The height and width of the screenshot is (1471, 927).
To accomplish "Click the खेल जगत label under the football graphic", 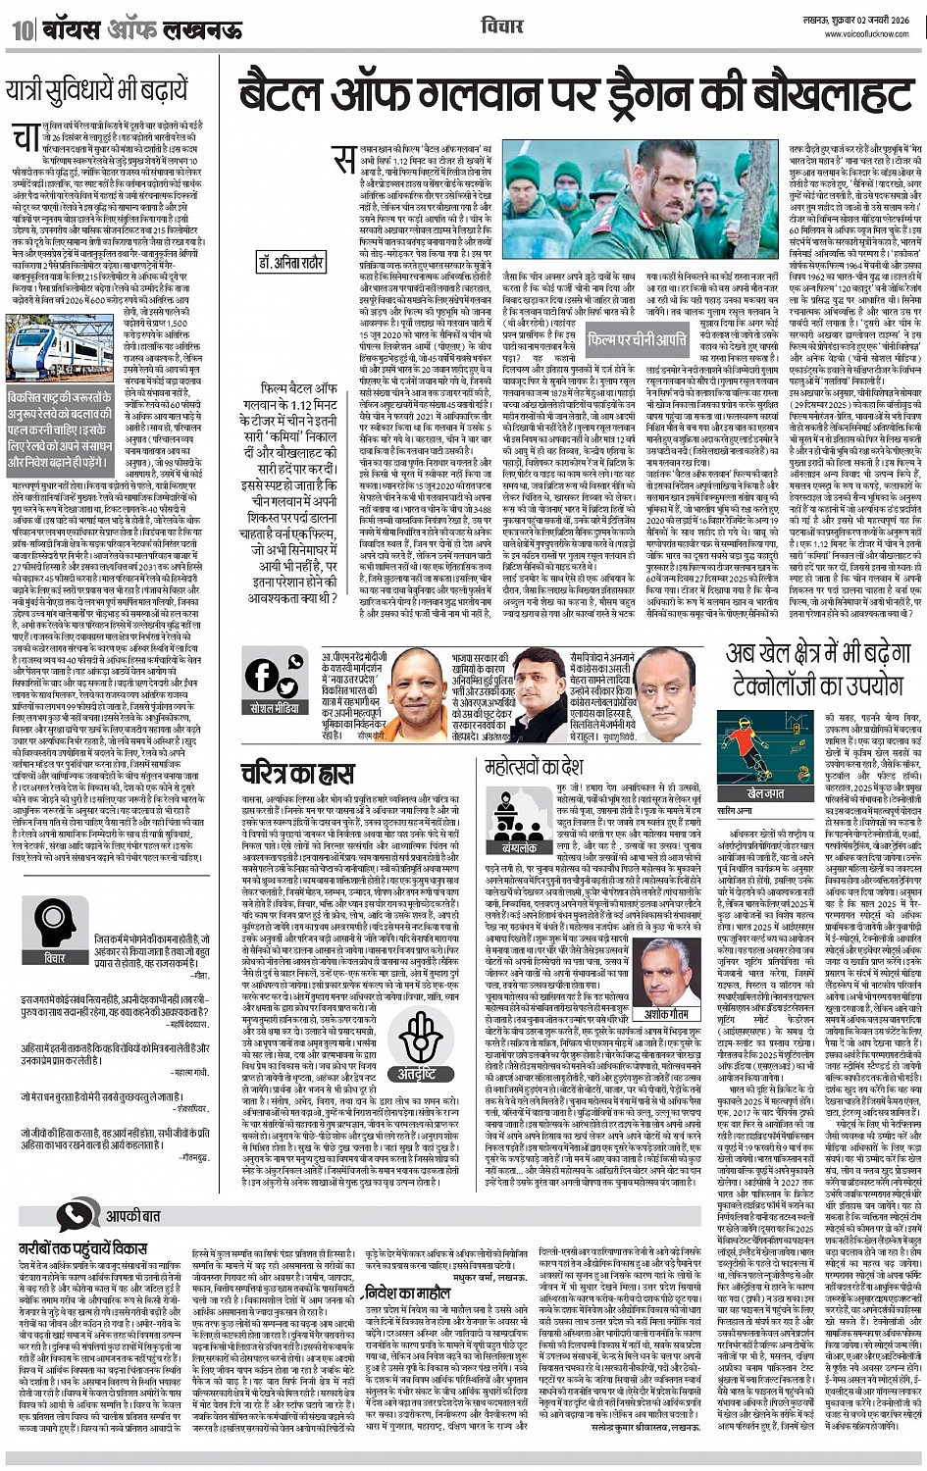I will click(767, 792).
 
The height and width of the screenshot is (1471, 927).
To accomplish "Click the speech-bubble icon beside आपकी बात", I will click(75, 1217).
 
